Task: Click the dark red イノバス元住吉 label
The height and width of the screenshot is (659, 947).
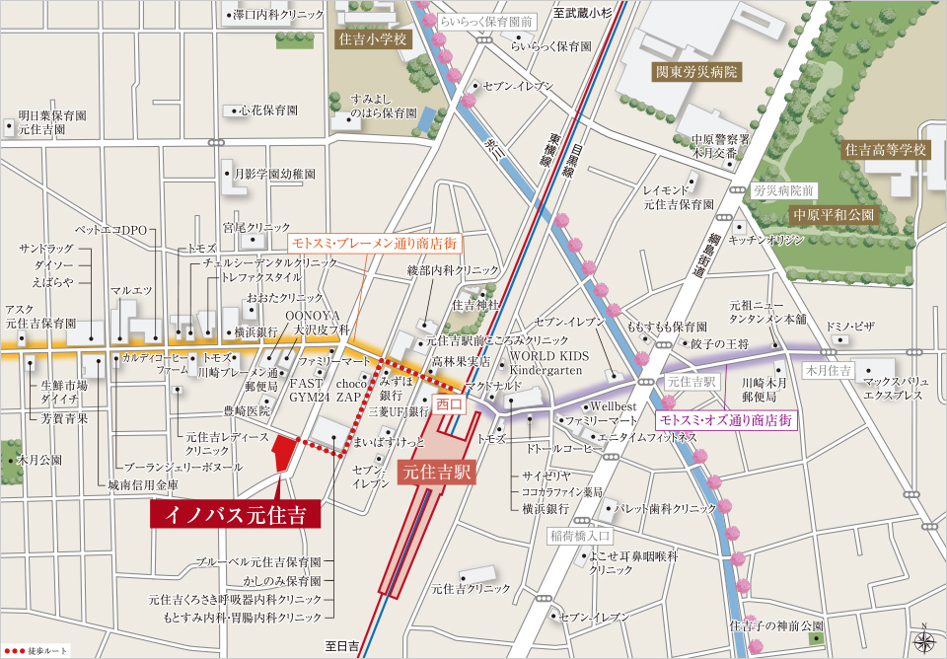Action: tap(235, 514)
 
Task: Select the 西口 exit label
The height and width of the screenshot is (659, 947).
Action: tap(449, 403)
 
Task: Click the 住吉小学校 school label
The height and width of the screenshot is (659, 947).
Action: tap(372, 40)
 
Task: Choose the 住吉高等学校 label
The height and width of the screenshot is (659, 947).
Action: tap(886, 150)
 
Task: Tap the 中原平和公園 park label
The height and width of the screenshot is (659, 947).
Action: tap(834, 214)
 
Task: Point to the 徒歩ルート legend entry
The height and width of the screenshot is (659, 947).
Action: tap(35, 651)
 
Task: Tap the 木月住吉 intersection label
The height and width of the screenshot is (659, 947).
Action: tap(828, 371)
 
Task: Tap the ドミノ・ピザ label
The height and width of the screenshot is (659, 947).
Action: tap(850, 326)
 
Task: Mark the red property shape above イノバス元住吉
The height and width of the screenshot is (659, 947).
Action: tap(283, 455)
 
